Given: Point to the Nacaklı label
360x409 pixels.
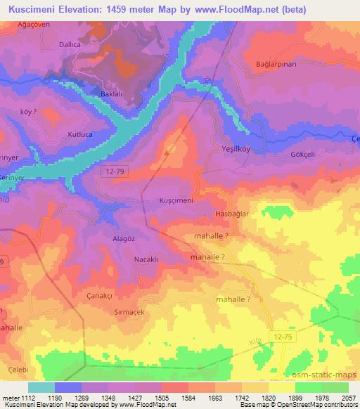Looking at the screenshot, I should point(148,259).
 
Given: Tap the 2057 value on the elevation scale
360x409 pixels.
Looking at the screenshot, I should point(349,398).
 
